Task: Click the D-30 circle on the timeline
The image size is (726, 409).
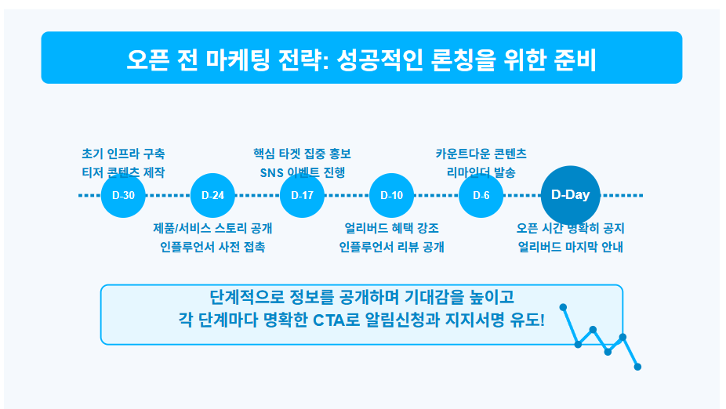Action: [x=124, y=195]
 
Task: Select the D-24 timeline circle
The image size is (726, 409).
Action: [x=212, y=195]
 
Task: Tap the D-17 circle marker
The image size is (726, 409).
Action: [x=302, y=195]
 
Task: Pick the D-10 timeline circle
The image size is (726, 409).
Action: [x=391, y=195]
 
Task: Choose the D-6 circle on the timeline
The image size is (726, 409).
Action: [x=481, y=195]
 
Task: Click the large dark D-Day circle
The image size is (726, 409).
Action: [x=571, y=195]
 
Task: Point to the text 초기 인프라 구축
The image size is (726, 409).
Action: [x=123, y=154]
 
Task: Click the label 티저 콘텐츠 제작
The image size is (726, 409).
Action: [x=123, y=172]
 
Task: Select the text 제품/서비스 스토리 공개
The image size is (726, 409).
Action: [x=212, y=229]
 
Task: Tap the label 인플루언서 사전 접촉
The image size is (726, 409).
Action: [x=212, y=248]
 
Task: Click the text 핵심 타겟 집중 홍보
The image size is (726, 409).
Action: [x=302, y=154]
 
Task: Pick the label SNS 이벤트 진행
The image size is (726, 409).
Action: [x=302, y=172]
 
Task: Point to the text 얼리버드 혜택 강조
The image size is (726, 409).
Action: [x=391, y=229]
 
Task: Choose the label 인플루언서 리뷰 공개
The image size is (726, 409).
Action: [x=391, y=248]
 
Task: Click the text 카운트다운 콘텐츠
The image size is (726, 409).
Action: [x=481, y=154]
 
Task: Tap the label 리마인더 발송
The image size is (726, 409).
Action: [x=481, y=172]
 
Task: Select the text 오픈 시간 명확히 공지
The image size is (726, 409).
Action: [x=571, y=229]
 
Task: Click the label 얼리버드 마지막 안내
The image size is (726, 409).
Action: [x=571, y=248]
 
